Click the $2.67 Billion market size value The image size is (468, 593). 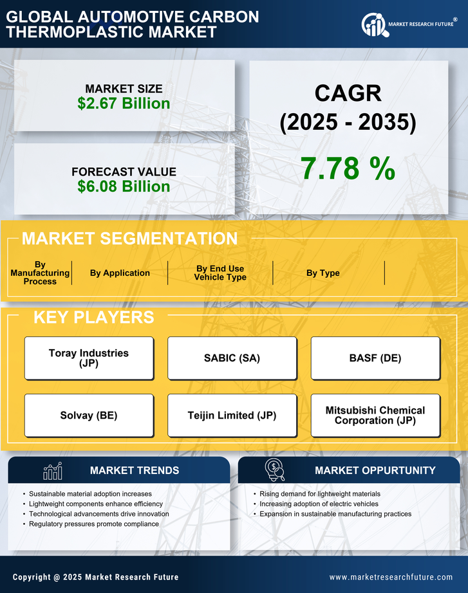(124, 104)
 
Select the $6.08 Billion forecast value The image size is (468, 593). (124, 187)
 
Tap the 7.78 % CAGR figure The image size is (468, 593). (348, 169)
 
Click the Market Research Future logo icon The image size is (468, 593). (373, 24)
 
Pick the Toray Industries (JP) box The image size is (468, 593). (89, 358)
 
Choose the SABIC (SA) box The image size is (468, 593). (232, 358)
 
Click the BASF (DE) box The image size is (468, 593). (375, 358)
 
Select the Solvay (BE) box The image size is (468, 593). (89, 415)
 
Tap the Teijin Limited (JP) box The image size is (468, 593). (232, 415)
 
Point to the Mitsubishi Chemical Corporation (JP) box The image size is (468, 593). (375, 415)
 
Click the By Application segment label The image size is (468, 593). (120, 273)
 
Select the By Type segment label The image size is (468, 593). (323, 273)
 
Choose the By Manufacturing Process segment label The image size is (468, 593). (40, 273)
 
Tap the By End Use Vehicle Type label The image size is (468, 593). (220, 273)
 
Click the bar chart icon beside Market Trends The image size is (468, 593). (52, 471)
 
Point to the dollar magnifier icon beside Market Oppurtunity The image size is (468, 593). (274, 470)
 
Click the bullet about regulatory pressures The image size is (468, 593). (94, 524)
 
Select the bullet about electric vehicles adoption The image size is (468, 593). (319, 504)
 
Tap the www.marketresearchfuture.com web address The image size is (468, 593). (391, 577)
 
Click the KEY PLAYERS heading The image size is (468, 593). (93, 317)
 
